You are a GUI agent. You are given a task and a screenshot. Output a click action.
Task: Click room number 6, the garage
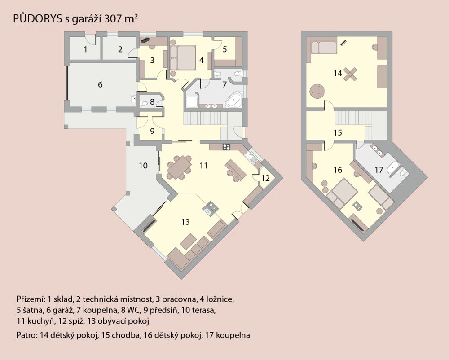tap(100, 85)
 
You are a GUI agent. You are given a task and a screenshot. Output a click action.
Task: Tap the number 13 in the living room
tap(185, 222)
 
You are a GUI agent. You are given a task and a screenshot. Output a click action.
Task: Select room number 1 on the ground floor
tap(85, 49)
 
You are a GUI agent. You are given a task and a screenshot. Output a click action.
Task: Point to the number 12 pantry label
tap(265, 178)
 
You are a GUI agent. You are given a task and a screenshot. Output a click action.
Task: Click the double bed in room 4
tap(183, 58)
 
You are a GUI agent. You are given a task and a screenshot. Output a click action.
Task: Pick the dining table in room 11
tap(179, 167)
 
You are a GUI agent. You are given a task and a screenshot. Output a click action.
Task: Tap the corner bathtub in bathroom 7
tap(234, 100)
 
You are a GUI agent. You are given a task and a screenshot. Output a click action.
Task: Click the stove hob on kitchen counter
tap(227, 147)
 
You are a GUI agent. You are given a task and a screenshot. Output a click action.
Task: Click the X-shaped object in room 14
tap(350, 74)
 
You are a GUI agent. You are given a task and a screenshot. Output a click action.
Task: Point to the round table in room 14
tap(317, 92)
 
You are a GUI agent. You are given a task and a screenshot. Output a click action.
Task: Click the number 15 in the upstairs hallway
tap(338, 132)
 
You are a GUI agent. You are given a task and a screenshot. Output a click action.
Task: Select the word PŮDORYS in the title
tap(38, 18)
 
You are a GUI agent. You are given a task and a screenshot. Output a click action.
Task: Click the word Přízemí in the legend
tap(31, 299)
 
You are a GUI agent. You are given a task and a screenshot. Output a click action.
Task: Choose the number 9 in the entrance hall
tap(152, 131)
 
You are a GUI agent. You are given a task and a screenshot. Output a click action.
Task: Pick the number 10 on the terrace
tap(143, 165)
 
